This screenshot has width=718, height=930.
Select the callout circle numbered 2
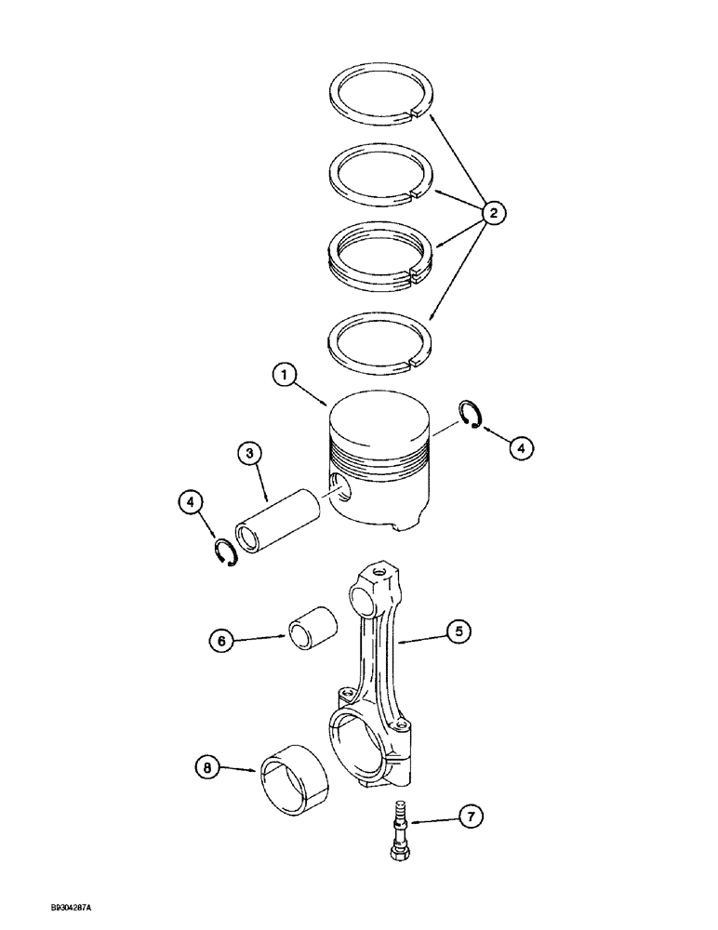click(493, 214)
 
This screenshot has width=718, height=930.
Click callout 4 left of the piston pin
click(192, 503)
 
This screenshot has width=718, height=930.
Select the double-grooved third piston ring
click(379, 253)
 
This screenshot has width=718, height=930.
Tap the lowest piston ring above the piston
click(379, 336)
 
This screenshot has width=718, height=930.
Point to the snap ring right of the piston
click(469, 414)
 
